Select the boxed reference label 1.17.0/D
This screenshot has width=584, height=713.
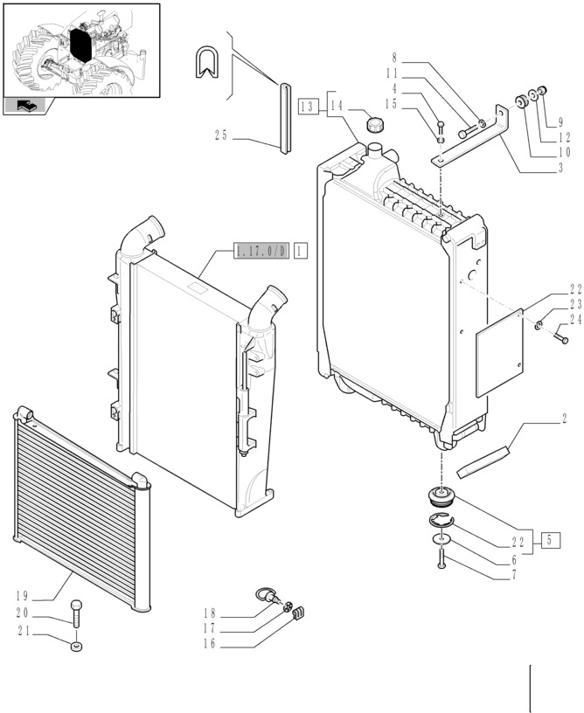[261, 252]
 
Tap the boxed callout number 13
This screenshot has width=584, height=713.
[307, 107]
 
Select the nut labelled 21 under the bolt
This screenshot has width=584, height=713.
[76, 647]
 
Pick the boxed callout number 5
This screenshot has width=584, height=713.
[550, 538]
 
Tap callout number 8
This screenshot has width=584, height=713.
[394, 60]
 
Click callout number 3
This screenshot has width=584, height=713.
[560, 168]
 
